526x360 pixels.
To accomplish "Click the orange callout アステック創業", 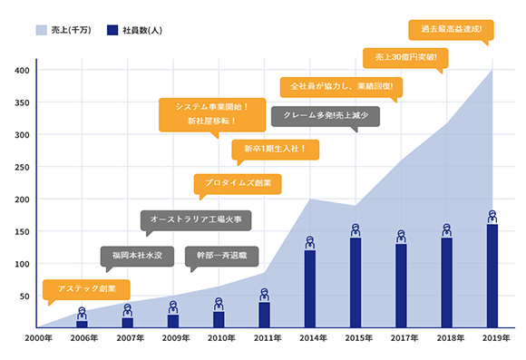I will point(86,289).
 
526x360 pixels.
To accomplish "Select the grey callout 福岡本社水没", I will point(136,257).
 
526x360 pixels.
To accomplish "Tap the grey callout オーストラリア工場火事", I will point(195,220).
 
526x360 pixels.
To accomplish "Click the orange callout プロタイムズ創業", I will point(238,183).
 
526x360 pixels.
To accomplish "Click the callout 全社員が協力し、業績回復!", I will point(340,87).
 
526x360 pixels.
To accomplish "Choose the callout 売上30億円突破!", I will point(405,57).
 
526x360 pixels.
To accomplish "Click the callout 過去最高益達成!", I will point(451,29).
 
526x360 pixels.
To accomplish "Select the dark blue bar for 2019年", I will point(492,276).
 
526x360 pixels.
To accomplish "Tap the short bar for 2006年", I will point(82,323).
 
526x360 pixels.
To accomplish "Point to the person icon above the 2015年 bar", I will point(356,230).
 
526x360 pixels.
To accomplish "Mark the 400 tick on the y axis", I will point(20,70).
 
